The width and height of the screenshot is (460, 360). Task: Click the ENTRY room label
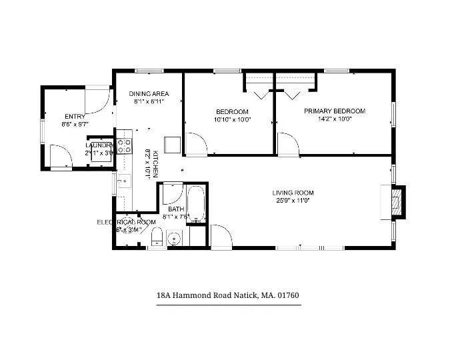(75, 116)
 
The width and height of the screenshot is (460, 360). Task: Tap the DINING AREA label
(149, 94)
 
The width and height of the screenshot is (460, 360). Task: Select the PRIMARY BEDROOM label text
(335, 111)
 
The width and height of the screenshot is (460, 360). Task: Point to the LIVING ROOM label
(293, 193)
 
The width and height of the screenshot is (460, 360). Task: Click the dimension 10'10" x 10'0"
(232, 120)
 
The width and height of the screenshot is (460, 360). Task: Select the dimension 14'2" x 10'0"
(335, 120)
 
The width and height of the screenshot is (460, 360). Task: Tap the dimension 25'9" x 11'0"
(293, 201)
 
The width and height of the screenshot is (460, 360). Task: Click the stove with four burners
(124, 147)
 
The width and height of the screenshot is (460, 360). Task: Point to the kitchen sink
(123, 181)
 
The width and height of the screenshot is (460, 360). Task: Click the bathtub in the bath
(197, 203)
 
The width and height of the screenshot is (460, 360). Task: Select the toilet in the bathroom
(157, 237)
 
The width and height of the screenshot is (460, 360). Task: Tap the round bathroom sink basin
(175, 238)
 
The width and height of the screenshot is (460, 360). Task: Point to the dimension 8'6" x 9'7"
(75, 124)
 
